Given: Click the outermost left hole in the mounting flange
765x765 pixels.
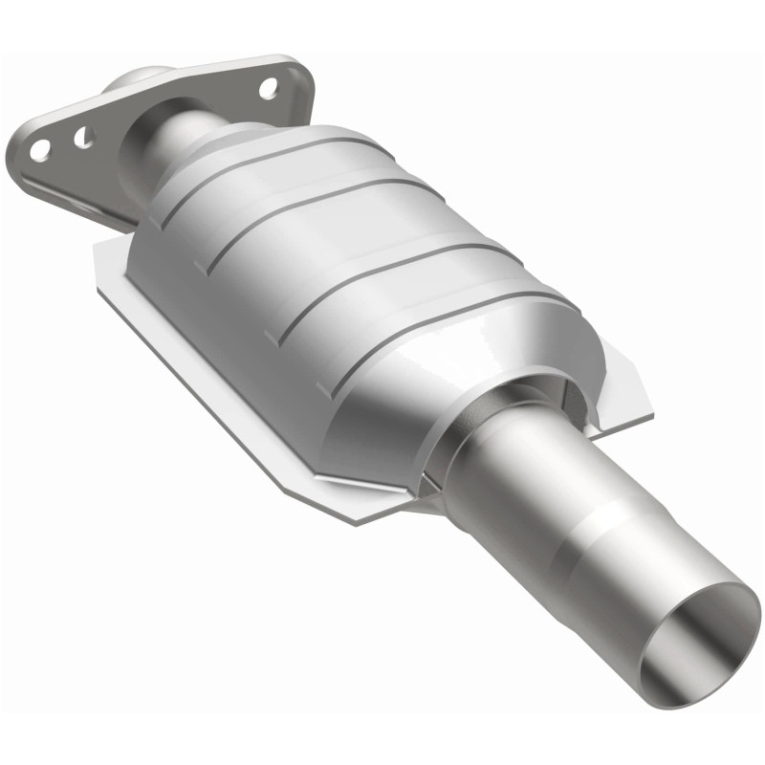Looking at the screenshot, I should pos(39,149).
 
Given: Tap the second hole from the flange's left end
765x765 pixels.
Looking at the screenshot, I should pos(83,138).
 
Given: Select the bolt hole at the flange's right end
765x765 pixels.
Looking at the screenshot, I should pos(269,88).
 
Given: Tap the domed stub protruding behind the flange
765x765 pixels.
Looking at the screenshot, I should pos(139,77).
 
